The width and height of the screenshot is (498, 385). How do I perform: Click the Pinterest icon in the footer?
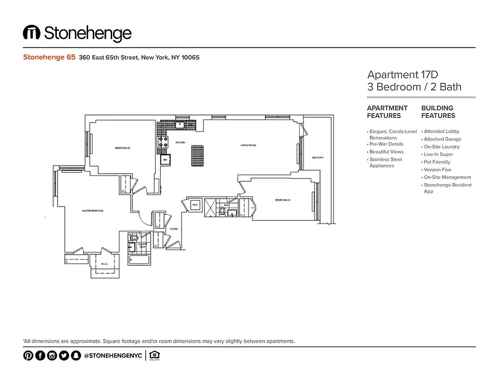point(28,356)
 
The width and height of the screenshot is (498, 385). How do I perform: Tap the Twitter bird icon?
point(64,356)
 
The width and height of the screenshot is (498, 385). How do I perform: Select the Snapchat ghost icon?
point(75,356)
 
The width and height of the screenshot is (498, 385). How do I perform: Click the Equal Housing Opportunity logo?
point(154,356)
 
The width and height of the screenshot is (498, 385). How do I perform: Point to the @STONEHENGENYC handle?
point(113,356)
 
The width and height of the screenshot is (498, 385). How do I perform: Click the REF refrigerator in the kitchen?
point(165,160)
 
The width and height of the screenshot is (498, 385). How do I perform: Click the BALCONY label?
point(318,158)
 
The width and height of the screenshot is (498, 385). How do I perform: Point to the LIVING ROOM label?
point(248,145)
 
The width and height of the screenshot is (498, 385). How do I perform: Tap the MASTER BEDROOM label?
point(92,211)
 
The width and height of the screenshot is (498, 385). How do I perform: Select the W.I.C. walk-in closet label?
point(104,263)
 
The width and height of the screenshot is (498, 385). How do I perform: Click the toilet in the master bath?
point(134,238)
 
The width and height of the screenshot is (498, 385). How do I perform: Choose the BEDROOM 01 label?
point(282,200)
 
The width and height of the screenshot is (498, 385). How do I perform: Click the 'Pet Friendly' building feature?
point(437,162)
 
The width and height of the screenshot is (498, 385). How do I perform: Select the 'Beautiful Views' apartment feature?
point(386,152)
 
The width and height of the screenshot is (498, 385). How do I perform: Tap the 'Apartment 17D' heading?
point(403,75)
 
